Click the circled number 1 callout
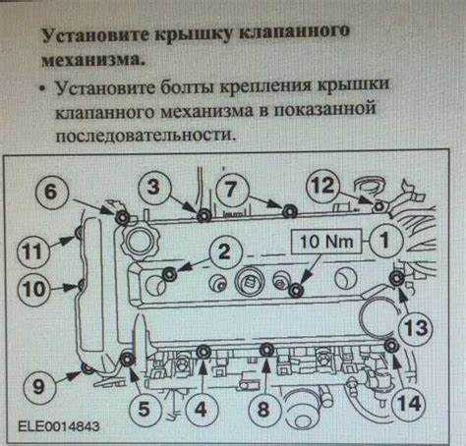(384, 238)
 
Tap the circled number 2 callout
(224, 252)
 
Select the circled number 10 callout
(35, 290)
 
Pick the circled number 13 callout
(416, 327)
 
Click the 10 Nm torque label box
(324, 239)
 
